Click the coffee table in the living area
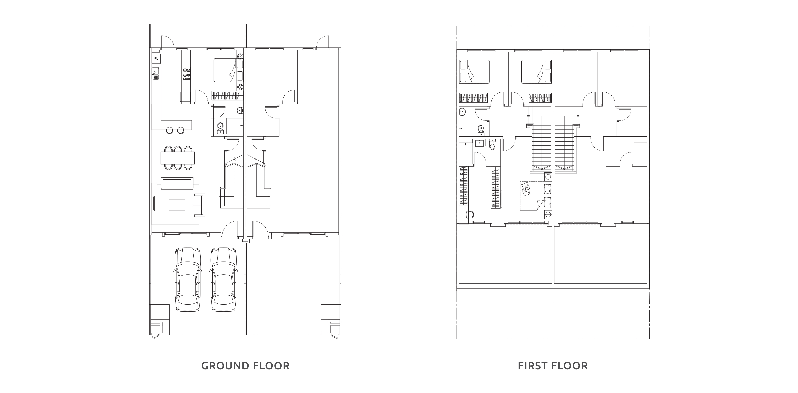177,205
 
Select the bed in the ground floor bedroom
225,71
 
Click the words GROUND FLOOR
245,366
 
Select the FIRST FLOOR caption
553,366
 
